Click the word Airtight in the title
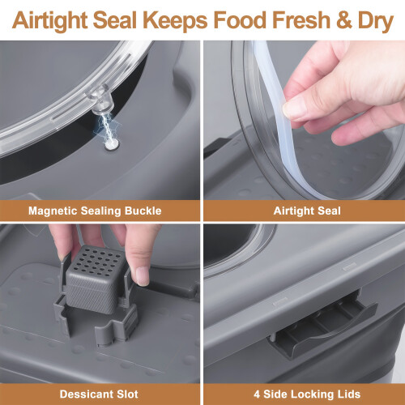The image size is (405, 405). [x=50, y=21]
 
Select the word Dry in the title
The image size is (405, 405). [x=376, y=21]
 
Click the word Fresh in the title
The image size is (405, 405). [x=301, y=20]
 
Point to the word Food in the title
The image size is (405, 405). [x=240, y=20]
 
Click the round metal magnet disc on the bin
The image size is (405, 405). [x=112, y=144]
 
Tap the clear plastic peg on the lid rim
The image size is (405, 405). [x=100, y=100]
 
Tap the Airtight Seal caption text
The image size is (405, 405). [x=307, y=211]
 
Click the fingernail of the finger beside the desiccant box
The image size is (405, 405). [x=143, y=276]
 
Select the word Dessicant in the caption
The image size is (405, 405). [x=86, y=394]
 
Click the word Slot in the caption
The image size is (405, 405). [x=127, y=394]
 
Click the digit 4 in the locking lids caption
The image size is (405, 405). [x=257, y=394]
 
